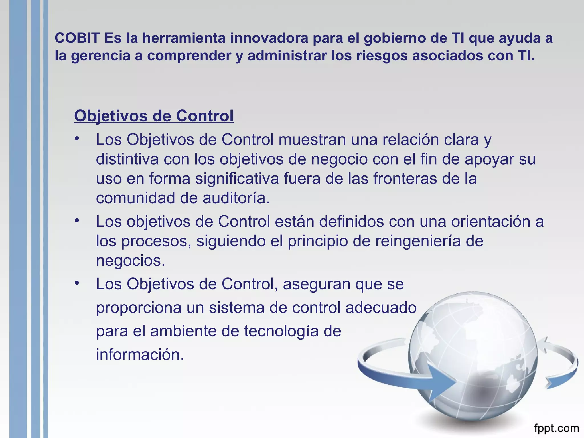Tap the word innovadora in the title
tap(269, 38)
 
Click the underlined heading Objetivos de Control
tap(154, 116)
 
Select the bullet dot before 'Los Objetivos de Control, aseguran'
tap(76, 283)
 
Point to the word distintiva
tap(127, 159)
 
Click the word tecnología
tap(281, 331)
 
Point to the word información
tap(140, 355)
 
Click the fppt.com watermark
tap(556, 428)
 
